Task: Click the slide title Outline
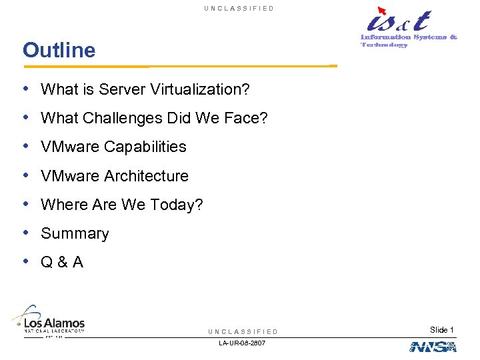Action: (x=59, y=50)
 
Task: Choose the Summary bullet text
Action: (x=75, y=234)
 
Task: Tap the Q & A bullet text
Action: (x=62, y=263)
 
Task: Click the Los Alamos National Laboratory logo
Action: (x=49, y=321)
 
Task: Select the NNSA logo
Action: (x=433, y=347)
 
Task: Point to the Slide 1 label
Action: (x=442, y=330)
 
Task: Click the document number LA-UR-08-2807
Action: (x=243, y=343)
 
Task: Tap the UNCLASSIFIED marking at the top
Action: (x=239, y=8)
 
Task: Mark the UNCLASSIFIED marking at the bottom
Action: (x=243, y=331)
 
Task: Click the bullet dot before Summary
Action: (x=25, y=233)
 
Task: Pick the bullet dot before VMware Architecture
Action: (x=25, y=175)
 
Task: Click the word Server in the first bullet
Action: (x=125, y=89)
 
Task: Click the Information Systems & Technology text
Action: (x=409, y=41)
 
